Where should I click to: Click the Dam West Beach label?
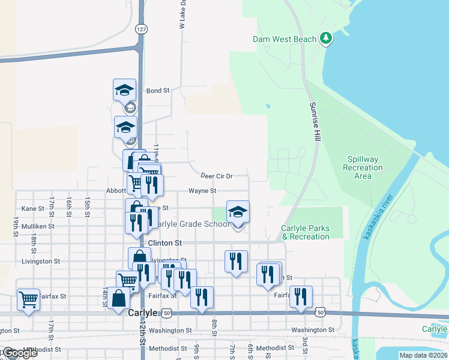pyautogui.click(x=284, y=39)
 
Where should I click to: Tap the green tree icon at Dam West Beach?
pyautogui.click(x=326, y=39)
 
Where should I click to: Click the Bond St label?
pyautogui.click(x=158, y=91)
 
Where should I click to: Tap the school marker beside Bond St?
pyautogui.click(x=125, y=91)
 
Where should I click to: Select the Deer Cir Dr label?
pyautogui.click(x=216, y=176)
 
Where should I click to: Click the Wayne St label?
pyautogui.click(x=202, y=191)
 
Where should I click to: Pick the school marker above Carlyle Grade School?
pyautogui.click(x=238, y=212)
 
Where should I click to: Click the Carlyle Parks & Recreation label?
pyautogui.click(x=305, y=232)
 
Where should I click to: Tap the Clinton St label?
pyautogui.click(x=164, y=243)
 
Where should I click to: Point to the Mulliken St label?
pyautogui.click(x=38, y=226)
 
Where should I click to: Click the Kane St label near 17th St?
pyautogui.click(x=33, y=208)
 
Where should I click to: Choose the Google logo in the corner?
pyautogui.click(x=19, y=353)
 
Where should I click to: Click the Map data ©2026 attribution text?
pyautogui.click(x=423, y=355)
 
